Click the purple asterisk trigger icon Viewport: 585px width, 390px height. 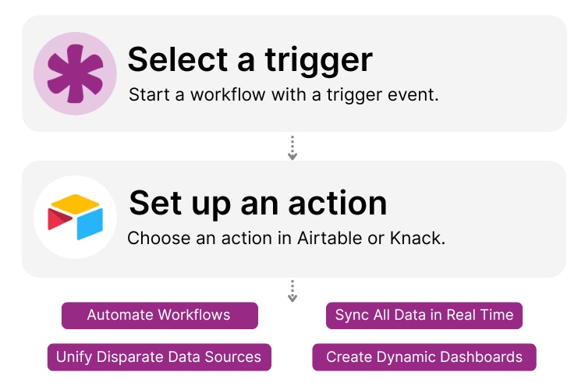click(x=75, y=73)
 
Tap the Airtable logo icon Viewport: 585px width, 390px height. click(x=75, y=218)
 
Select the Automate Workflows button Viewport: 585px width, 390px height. click(x=159, y=315)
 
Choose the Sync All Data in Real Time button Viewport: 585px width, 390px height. click(x=424, y=315)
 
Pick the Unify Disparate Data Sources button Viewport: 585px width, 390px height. click(x=159, y=357)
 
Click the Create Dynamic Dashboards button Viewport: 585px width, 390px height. click(x=424, y=357)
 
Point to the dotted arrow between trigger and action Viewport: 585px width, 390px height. click(x=292, y=147)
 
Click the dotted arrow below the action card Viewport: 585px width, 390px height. click(x=292, y=290)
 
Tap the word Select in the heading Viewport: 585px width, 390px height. click(x=174, y=59)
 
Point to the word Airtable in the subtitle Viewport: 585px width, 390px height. click(x=327, y=238)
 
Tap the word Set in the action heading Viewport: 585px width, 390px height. click(x=156, y=203)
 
